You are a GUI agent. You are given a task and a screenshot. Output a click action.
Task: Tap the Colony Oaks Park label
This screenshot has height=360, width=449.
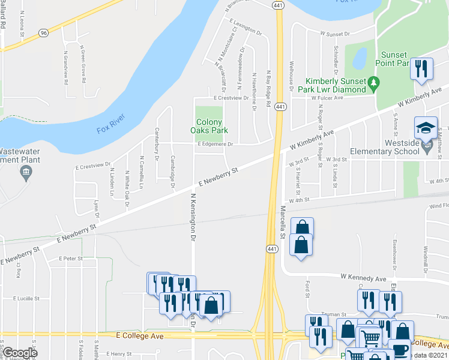point(209,125)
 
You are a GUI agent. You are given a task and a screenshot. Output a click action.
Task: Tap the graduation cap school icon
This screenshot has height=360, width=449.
point(426,128)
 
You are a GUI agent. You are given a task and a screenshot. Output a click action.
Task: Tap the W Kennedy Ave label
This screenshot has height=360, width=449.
point(363,278)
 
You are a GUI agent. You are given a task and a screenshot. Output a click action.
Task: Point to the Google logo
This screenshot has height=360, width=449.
point(20,353)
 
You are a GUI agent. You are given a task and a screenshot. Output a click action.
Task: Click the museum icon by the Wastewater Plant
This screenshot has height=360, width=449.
point(26,174)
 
